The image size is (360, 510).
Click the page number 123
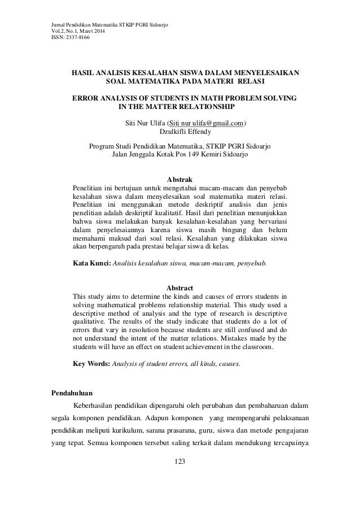[x=181, y=463]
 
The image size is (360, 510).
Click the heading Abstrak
[x=181, y=180]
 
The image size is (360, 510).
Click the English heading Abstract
[x=181, y=288]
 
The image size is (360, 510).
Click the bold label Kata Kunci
[x=93, y=263]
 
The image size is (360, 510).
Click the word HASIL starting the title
[x=83, y=73]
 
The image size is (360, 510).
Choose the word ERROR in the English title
[x=86, y=99]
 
